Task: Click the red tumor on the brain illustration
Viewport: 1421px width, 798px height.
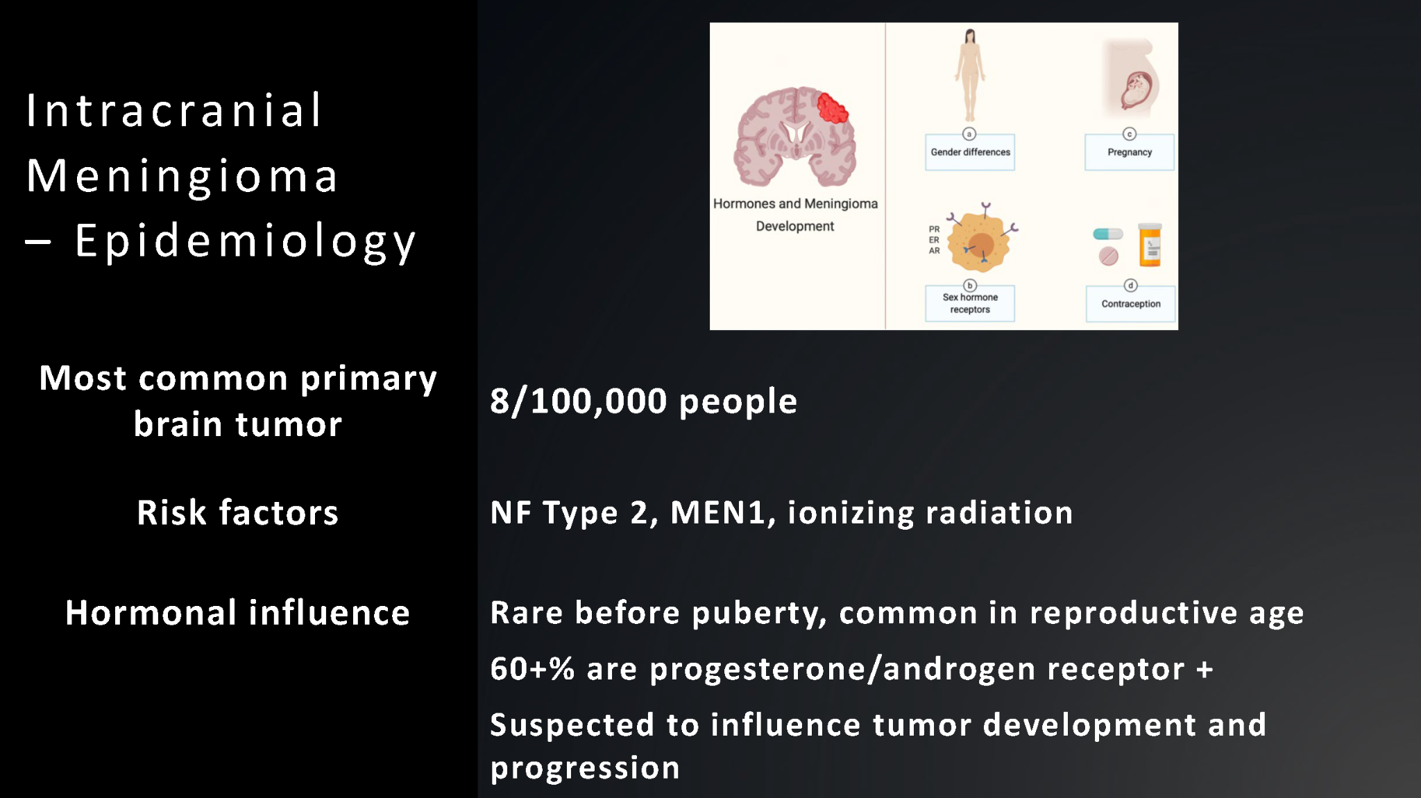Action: point(832,108)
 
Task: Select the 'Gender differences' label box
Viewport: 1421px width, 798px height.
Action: point(970,152)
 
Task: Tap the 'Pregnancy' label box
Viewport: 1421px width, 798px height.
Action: point(1130,152)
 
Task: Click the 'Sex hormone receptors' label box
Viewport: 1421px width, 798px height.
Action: point(970,303)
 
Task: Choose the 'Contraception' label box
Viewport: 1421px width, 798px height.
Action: point(1131,304)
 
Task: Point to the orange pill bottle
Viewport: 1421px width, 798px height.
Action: point(1150,245)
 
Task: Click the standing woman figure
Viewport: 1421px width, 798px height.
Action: point(970,76)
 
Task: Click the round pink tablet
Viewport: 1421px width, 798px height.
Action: point(1108,257)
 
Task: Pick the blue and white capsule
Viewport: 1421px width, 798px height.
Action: point(1107,234)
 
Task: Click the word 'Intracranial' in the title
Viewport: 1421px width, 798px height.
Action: point(174,110)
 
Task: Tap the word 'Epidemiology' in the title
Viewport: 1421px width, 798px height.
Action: point(246,242)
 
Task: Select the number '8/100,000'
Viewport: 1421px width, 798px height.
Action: point(579,401)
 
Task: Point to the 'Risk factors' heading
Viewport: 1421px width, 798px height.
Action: point(237,513)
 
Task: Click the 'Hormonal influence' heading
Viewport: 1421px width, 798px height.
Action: point(237,613)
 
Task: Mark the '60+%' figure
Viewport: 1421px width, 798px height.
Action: point(532,669)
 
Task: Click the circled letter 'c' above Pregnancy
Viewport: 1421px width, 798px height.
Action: point(1130,134)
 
